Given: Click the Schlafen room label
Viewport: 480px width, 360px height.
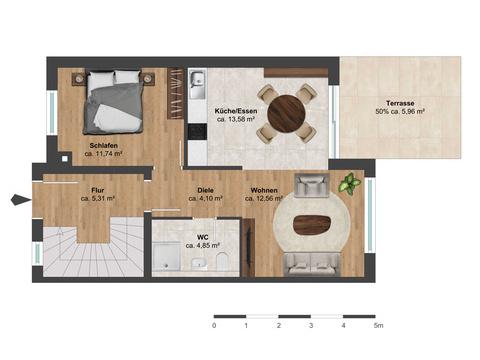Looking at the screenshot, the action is click(x=104, y=146).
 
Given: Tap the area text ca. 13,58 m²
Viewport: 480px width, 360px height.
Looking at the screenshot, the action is click(x=236, y=119).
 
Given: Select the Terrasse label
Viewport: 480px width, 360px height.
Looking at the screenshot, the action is click(x=400, y=103).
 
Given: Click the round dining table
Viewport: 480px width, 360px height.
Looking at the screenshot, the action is click(x=287, y=113).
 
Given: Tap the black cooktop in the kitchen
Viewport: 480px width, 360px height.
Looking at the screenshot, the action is click(x=198, y=132).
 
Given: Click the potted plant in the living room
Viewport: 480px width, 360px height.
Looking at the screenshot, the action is click(x=350, y=183).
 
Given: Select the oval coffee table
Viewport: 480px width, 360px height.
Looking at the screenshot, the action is click(x=312, y=225).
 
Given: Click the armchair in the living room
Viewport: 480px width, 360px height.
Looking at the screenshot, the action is click(x=311, y=185).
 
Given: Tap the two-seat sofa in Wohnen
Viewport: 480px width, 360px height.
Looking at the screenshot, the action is click(x=312, y=265).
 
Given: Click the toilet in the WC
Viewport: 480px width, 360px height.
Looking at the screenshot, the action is click(x=221, y=261).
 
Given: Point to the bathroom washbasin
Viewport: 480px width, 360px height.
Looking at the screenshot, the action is click(x=200, y=263).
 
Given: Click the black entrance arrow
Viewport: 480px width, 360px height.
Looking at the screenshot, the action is click(x=21, y=200).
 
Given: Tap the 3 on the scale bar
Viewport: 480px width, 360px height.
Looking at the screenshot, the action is click(x=311, y=325).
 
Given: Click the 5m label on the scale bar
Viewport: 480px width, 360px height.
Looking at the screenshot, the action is click(x=378, y=325).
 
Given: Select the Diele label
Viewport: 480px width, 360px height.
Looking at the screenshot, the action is click(x=205, y=190).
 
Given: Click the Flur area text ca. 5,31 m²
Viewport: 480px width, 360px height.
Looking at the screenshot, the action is click(x=98, y=199).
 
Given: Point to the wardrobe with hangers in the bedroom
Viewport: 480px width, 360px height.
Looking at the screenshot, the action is click(x=175, y=93).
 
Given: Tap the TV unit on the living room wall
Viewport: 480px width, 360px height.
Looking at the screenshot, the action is click(x=248, y=247).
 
